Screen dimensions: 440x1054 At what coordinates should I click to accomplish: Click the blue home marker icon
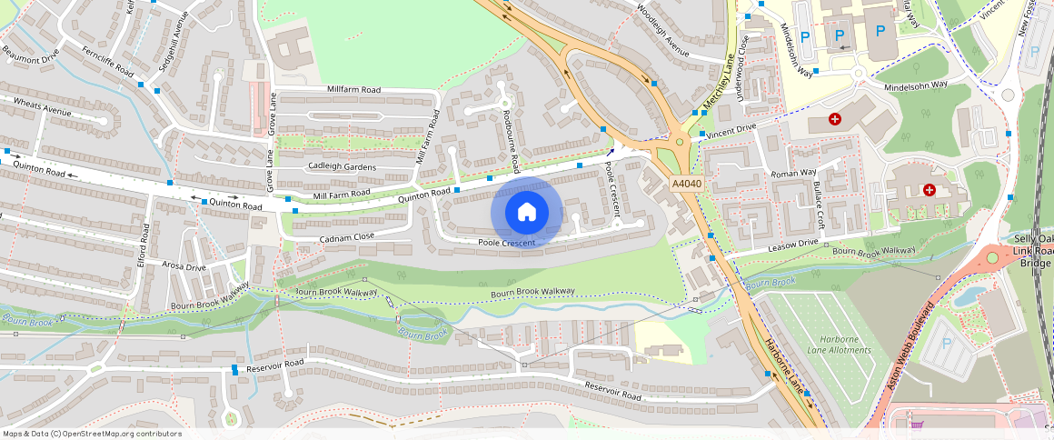tap(526, 213)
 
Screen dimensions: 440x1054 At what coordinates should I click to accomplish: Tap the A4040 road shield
tap(687, 185)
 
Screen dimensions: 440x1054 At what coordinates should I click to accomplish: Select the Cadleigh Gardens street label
tap(342, 165)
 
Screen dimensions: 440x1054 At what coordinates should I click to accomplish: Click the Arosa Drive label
tap(184, 267)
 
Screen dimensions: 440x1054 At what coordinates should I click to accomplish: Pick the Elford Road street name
tap(142, 245)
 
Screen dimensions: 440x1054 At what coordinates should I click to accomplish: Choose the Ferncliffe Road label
tap(106, 60)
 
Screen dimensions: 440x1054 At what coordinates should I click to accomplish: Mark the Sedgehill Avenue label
tap(163, 45)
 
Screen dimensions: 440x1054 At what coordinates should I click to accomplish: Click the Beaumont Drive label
tap(30, 57)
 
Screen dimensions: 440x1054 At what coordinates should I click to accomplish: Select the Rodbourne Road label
tap(511, 141)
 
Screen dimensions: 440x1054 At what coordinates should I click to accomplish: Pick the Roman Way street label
tap(793, 172)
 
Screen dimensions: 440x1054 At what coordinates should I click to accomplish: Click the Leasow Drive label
tap(793, 245)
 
